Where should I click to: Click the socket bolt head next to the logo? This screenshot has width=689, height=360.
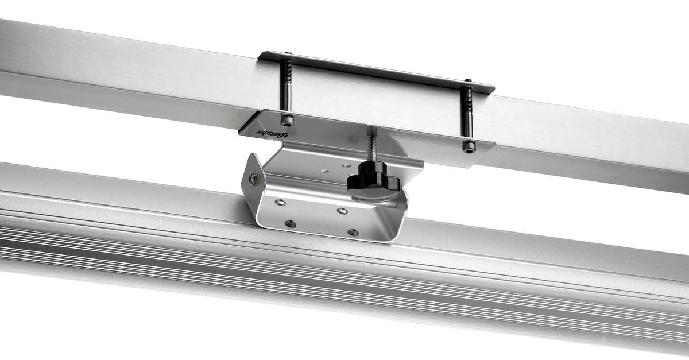coord(287,121)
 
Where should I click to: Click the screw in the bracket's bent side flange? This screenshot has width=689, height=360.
coord(253,179)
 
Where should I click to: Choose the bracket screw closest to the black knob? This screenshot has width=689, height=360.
coord(342,211)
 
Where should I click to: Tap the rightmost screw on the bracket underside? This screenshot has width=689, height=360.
coord(353,232)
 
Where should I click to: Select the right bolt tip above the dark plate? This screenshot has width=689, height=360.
coord(467,82)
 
